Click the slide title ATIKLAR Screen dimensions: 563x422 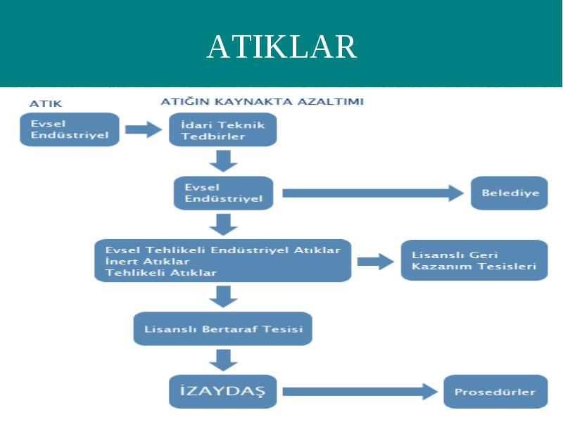click(x=282, y=46)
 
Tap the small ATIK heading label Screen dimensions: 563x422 click(x=46, y=103)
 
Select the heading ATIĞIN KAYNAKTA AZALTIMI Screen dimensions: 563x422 click(x=262, y=101)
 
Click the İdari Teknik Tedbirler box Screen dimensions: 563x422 click(x=223, y=129)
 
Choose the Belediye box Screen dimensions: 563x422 click(x=510, y=193)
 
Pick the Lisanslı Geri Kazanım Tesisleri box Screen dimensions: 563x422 click(x=474, y=260)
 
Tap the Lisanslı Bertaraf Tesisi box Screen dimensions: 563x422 click(x=223, y=328)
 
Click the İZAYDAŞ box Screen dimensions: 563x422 click(x=223, y=392)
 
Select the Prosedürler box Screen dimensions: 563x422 click(x=496, y=392)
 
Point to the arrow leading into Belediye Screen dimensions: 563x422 click(x=373, y=193)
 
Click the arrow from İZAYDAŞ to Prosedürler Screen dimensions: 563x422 click(x=360, y=392)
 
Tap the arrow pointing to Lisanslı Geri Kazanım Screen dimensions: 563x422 click(x=376, y=261)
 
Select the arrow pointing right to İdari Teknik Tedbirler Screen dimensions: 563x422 click(x=144, y=129)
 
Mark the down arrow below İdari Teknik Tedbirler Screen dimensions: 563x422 click(x=223, y=161)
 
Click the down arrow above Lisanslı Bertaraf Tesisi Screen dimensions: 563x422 click(x=223, y=297)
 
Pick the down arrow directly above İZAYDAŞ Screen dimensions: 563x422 click(x=223, y=360)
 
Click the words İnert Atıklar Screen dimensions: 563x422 click(x=148, y=261)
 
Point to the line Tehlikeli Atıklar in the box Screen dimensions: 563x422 click(x=161, y=273)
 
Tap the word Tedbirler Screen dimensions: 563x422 click(x=213, y=136)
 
